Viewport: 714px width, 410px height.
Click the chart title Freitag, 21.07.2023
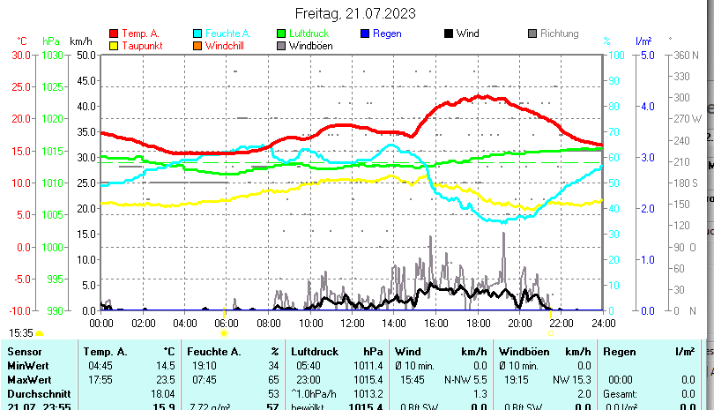pyautogui.click(x=356, y=14)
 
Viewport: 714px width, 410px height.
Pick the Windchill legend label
pyautogui.click(x=226, y=46)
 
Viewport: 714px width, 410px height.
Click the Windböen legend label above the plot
pyautogui.click(x=310, y=46)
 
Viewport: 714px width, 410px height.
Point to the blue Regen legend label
pyautogui.click(x=387, y=34)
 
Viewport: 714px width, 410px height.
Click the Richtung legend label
pyautogui.click(x=559, y=34)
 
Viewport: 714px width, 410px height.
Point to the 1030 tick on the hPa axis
pyautogui.click(x=52, y=55)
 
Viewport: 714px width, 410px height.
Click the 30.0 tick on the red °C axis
pyautogui.click(x=21, y=55)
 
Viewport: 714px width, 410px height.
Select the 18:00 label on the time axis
pyautogui.click(x=478, y=323)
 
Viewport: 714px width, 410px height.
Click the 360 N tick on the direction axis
pyautogui.click(x=685, y=55)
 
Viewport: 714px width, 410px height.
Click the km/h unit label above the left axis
pyautogui.click(x=80, y=41)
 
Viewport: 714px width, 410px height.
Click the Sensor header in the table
pyautogui.click(x=25, y=352)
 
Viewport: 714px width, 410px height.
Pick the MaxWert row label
pyautogui.click(x=29, y=378)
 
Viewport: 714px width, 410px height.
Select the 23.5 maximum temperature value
pyautogui.click(x=163, y=378)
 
